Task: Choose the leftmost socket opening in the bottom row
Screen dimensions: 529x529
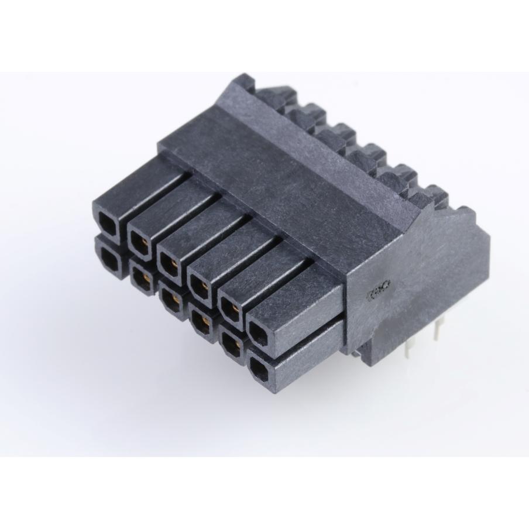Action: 108,256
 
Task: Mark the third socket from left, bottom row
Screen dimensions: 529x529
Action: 171,297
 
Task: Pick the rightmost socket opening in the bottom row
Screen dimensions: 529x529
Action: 261,367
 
